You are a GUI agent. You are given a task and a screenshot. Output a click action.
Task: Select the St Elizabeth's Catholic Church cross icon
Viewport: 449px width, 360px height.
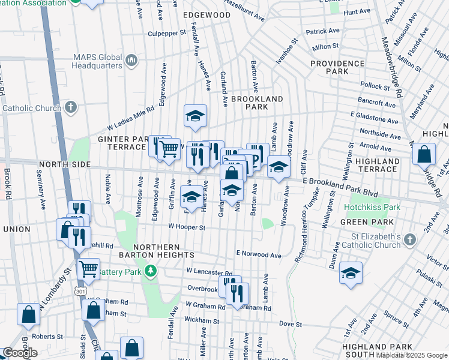coord(409,239)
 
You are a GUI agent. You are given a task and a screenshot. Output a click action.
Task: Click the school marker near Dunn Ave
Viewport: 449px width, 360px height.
coord(351,273)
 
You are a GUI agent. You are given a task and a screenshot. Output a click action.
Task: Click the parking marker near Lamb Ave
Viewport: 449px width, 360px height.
coord(257,155)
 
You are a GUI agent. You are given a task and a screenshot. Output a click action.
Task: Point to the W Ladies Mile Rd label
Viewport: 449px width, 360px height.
coord(130,118)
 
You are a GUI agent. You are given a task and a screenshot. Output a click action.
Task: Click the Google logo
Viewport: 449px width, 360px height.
coord(20,353)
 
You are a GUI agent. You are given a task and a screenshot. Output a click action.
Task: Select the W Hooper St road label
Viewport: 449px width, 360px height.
coord(187,227)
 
